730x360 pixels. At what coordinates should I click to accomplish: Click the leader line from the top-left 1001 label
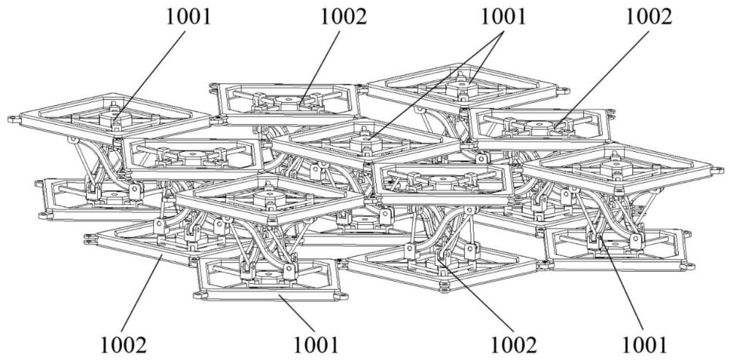[153, 73]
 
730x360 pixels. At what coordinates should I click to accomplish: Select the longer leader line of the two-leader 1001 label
[431, 88]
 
